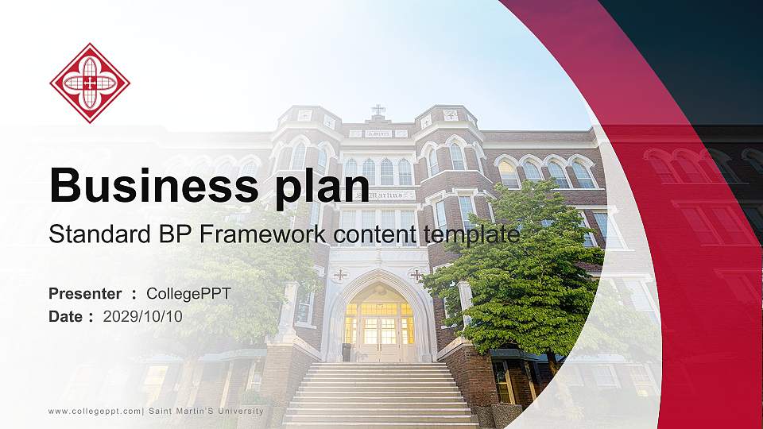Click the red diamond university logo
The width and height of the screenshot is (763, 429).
[90, 83]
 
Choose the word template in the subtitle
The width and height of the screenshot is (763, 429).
[471, 234]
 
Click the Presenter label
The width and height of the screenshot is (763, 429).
[85, 294]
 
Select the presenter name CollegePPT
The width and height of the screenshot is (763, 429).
[189, 294]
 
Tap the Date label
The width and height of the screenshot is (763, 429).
[66, 316]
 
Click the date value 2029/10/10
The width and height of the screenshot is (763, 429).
[143, 316]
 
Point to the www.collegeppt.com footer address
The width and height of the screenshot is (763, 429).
[95, 411]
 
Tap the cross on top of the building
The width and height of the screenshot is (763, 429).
[379, 109]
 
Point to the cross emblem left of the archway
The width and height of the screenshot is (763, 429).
[340, 275]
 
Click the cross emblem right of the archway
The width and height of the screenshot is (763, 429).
[417, 275]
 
